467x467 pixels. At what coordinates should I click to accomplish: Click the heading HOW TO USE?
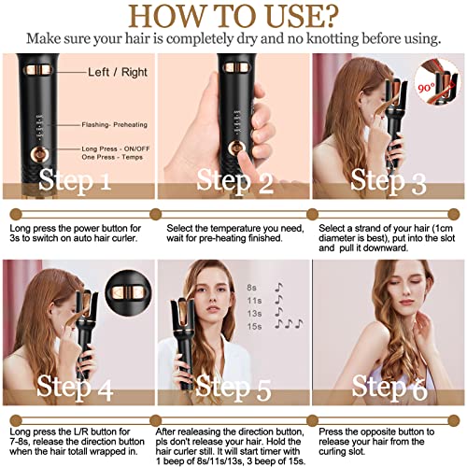pos(233,17)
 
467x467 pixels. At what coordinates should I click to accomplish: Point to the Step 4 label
pos(78,386)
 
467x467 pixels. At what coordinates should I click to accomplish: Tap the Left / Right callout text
pos(119,71)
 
